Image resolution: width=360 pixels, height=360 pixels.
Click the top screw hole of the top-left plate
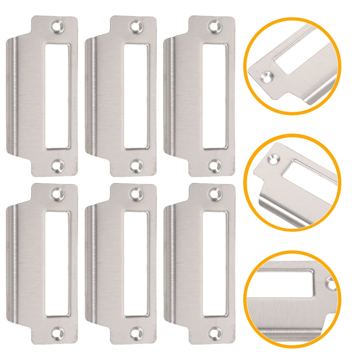click(x=57, y=26)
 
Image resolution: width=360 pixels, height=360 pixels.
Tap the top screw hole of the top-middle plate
click(x=135, y=26)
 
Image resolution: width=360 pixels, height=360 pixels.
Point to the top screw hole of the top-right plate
click(x=214, y=26)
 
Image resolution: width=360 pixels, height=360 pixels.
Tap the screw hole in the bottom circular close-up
click(x=331, y=284)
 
